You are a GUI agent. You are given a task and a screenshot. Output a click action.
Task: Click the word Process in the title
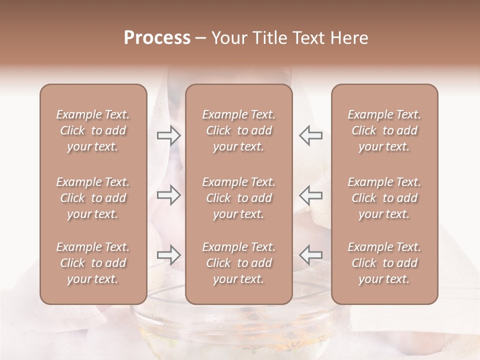point(157,38)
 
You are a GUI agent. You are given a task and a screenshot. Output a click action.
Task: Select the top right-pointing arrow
point(168,135)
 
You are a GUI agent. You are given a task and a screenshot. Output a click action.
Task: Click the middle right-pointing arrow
point(168,194)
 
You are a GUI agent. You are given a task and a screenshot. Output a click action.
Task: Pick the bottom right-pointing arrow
point(168,255)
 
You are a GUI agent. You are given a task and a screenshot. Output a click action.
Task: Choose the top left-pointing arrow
point(310,135)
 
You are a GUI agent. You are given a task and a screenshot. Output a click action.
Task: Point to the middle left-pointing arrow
point(310,194)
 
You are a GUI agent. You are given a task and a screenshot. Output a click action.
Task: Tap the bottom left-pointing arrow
point(310,255)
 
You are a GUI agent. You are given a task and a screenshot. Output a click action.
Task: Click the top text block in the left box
point(93,130)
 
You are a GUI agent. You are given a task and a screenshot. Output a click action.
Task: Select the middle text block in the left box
point(93,198)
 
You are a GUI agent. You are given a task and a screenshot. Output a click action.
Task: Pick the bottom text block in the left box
point(93,263)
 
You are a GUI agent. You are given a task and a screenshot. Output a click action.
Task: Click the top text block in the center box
point(238,130)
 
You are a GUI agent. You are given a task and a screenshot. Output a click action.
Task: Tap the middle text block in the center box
point(238,198)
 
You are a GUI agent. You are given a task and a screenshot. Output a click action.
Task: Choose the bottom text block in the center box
point(238,263)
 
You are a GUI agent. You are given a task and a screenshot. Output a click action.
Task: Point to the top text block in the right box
point(384,130)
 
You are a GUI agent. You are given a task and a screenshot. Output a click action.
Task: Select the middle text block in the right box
point(384,198)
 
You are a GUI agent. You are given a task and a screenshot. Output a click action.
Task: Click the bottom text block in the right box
point(384,263)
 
